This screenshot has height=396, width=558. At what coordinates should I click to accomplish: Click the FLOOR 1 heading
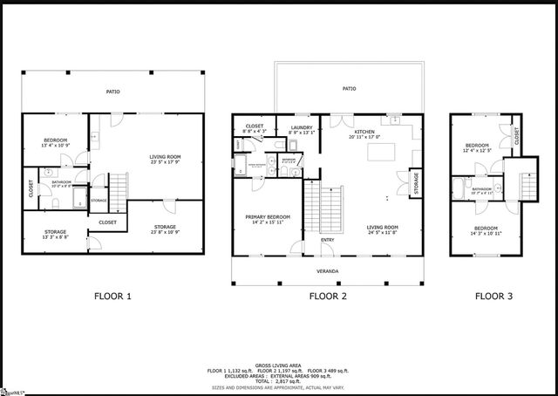pos(112,296)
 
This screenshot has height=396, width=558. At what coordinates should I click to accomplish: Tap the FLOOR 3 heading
pos(493,296)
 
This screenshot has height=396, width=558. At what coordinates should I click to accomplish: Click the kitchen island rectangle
pos(381,153)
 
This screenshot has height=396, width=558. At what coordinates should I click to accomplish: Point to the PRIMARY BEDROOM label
pos(268,217)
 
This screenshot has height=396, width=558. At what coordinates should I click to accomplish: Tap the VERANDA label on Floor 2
pos(328,270)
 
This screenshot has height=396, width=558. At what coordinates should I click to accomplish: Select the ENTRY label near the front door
pos(327,240)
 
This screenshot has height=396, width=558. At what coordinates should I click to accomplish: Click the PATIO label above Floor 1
pos(112,91)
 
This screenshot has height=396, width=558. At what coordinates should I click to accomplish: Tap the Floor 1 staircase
pos(117,186)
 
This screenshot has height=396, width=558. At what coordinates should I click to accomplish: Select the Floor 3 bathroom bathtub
pos(459,188)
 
